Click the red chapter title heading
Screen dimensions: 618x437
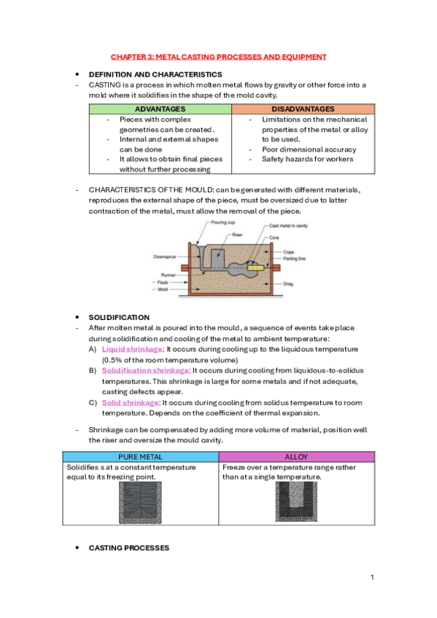219,56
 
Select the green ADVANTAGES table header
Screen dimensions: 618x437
160,109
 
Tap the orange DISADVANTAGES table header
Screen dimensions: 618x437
302,109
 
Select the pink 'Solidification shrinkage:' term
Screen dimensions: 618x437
146,370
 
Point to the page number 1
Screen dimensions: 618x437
371,577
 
